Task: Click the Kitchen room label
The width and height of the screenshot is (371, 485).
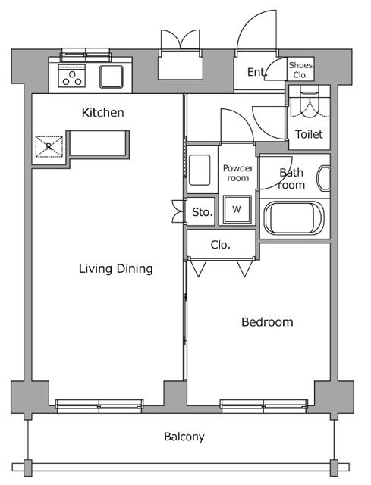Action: pyautogui.click(x=102, y=113)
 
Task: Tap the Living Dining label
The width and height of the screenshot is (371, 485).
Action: pyautogui.click(x=117, y=268)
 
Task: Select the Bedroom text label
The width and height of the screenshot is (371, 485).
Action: pyautogui.click(x=266, y=322)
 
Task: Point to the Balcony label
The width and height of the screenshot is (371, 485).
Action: pyautogui.click(x=184, y=436)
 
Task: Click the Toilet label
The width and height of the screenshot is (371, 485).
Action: pyautogui.click(x=308, y=134)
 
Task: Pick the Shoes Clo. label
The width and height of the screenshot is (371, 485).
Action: pyautogui.click(x=300, y=70)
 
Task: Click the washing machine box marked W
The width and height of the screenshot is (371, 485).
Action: pyautogui.click(x=237, y=209)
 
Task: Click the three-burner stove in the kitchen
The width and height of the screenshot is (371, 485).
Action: pyautogui.click(x=73, y=77)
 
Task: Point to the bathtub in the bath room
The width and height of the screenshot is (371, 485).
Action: pyautogui.click(x=294, y=218)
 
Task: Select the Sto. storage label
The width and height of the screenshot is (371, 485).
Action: pyautogui.click(x=202, y=212)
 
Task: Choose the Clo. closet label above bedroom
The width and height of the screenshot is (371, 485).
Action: pyautogui.click(x=220, y=245)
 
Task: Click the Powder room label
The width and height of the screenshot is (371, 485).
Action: pyautogui.click(x=237, y=173)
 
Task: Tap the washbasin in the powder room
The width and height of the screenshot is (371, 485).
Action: pyautogui.click(x=200, y=170)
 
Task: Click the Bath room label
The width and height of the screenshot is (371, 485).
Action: pyautogui.click(x=291, y=178)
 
